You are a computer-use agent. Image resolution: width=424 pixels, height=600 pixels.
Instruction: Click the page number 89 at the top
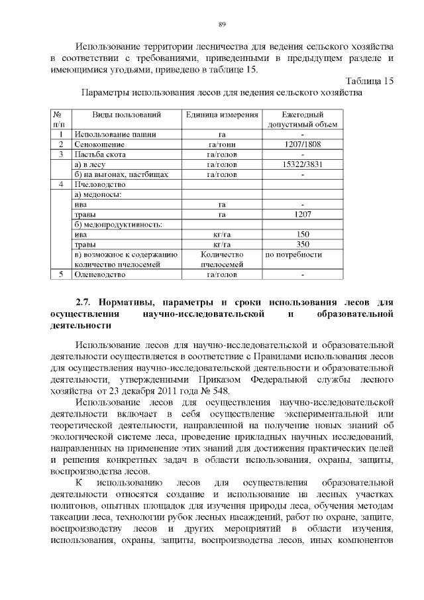click(223, 25)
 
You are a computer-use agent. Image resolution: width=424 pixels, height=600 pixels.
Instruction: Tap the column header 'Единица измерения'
click(222, 115)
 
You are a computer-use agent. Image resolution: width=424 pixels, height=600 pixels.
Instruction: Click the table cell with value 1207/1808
click(302, 144)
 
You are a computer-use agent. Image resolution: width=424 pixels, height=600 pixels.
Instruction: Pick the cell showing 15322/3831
click(302, 164)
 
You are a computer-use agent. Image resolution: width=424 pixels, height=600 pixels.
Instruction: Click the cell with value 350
click(302, 244)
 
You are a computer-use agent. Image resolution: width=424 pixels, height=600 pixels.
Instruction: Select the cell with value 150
click(302, 234)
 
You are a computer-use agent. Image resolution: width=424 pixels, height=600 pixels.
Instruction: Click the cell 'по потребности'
click(293, 254)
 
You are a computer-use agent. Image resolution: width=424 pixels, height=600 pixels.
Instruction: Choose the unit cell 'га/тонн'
click(222, 144)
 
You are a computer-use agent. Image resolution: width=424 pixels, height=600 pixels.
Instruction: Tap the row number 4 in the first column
click(60, 184)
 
